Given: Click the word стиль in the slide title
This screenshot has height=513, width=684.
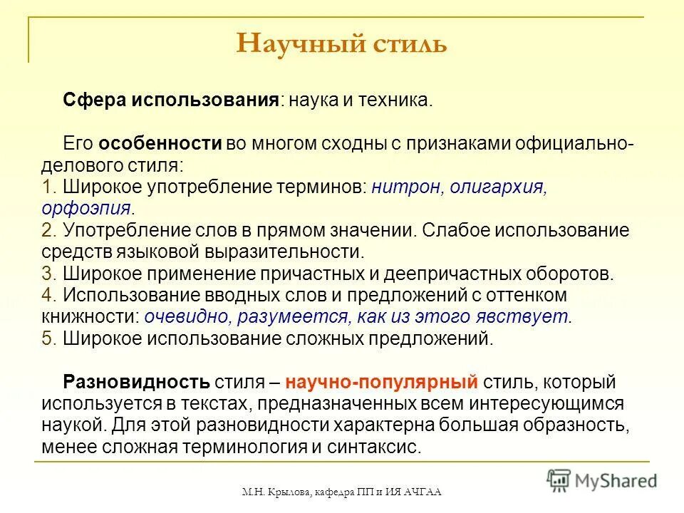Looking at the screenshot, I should tap(408, 43).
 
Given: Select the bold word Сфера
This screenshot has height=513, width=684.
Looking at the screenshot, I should tap(88, 100).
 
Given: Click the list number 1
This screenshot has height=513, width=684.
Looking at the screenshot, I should tap(49, 187).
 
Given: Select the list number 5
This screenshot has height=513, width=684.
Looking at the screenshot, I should tap(49, 338).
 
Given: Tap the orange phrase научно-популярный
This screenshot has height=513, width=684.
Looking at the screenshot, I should tap(381, 382).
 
